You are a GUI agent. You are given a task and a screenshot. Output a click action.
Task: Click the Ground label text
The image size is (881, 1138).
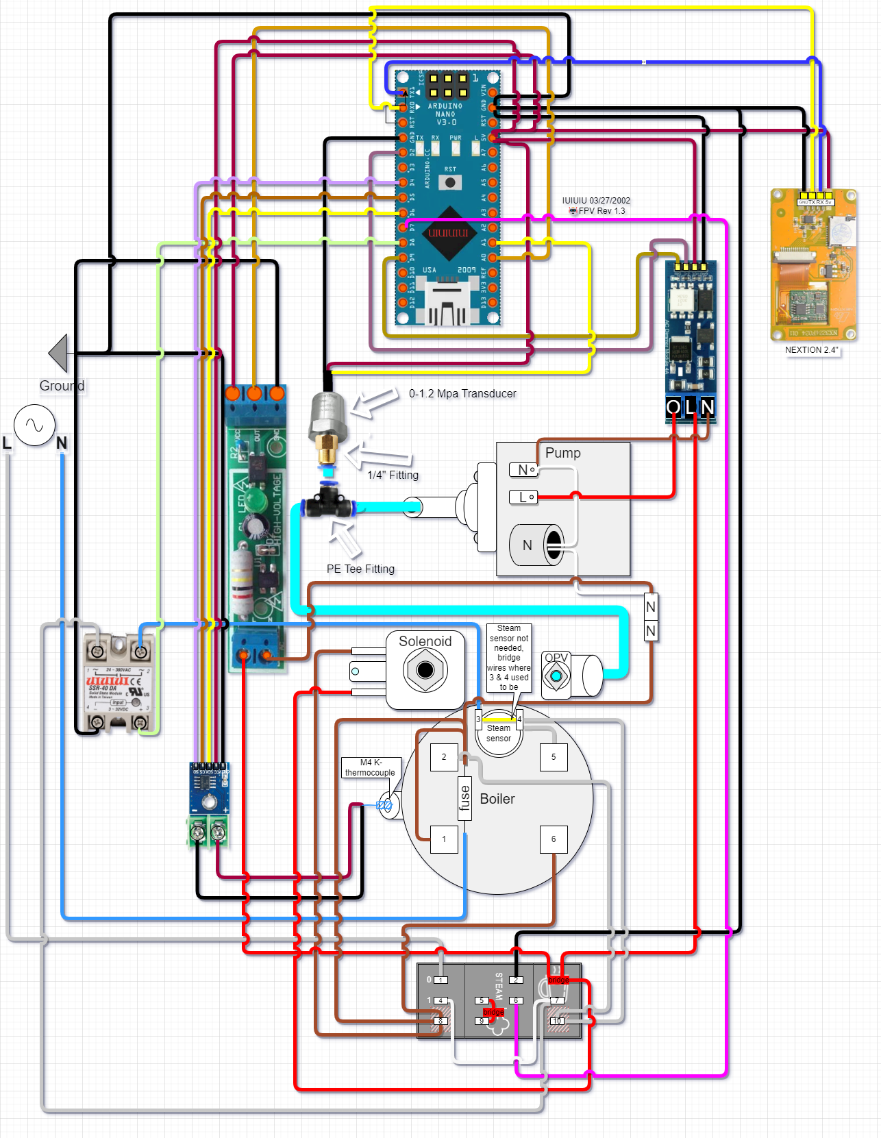[62, 386]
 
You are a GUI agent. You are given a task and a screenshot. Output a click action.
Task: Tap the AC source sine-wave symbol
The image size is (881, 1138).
[34, 425]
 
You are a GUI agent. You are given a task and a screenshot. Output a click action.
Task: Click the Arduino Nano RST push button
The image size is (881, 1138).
[450, 182]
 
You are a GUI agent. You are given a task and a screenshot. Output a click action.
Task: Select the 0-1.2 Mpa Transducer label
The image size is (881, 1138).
[462, 393]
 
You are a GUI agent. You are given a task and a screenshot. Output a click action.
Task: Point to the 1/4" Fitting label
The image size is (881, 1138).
[393, 475]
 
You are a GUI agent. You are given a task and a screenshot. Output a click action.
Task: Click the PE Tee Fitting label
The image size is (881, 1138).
[360, 569]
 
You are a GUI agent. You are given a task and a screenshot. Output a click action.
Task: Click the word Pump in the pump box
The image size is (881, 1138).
[562, 453]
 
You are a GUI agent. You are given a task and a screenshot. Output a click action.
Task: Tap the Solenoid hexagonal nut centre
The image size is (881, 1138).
[425, 669]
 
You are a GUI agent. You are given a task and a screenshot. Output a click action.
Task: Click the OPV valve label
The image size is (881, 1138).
[556, 658]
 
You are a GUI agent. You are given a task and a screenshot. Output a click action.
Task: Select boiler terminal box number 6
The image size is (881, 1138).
[554, 839]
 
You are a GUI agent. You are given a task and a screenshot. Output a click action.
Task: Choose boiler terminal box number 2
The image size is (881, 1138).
[444, 757]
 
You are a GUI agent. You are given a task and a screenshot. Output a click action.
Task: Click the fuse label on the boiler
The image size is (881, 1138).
[465, 798]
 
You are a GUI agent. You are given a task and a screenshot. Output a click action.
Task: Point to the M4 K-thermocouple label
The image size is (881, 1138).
[370, 767]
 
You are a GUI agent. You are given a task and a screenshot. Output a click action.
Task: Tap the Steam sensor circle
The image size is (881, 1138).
[499, 734]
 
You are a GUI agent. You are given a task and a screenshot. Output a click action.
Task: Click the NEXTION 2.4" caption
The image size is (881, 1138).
[811, 350]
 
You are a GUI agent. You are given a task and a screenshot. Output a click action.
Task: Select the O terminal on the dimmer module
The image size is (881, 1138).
[673, 408]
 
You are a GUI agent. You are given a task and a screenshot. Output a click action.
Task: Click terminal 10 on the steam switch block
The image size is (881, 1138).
[558, 1021]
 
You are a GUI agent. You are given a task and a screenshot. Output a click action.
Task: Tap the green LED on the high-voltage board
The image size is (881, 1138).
[255, 499]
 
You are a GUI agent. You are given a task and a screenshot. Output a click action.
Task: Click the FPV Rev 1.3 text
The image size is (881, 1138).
[601, 211]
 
